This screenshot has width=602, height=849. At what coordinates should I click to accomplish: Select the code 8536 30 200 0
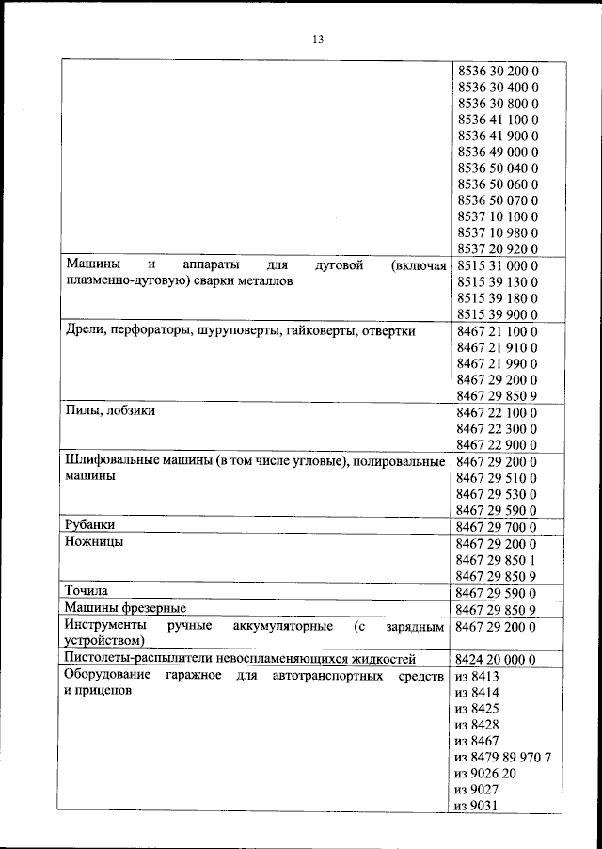point(497,71)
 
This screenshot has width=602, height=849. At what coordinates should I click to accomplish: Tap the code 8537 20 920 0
point(497,249)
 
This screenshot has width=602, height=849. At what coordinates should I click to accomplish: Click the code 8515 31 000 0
point(497,266)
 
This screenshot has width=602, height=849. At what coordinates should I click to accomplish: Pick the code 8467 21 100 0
point(497,331)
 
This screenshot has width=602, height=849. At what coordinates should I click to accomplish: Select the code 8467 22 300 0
point(497,428)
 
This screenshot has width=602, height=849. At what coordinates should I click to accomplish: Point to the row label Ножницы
point(94,543)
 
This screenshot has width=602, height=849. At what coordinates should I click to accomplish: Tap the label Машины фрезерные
point(125,609)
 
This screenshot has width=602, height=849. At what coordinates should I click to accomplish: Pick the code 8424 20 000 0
point(497,659)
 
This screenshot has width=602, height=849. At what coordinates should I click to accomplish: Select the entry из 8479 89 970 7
point(502,757)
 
